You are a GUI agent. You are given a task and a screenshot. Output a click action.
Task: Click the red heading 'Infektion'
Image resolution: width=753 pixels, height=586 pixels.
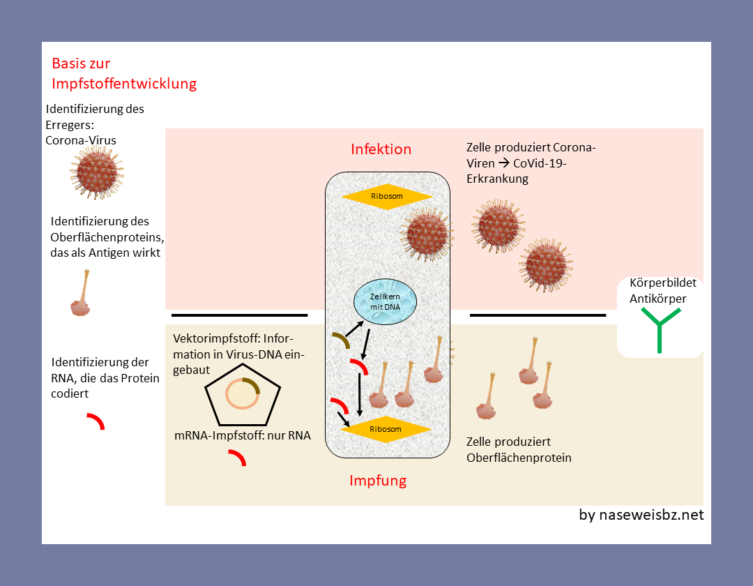pos(381,149)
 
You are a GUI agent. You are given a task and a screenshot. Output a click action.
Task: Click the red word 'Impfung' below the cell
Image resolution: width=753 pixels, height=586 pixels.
pos(377,481)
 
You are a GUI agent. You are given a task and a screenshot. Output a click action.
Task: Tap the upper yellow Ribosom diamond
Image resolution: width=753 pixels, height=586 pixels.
pos(386,196)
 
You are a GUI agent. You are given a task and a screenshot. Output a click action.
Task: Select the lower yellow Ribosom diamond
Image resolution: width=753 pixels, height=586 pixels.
pos(386,429)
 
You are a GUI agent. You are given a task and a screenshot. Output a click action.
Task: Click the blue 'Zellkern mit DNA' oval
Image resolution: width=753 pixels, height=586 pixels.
pos(385,302)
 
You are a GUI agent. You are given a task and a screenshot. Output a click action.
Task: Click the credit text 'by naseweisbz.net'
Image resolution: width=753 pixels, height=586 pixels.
pos(641,515)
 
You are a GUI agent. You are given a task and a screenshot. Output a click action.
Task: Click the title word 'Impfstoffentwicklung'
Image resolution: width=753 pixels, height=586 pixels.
pos(124,84)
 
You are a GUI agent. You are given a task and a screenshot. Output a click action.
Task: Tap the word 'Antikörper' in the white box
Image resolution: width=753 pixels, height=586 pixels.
pos(658,299)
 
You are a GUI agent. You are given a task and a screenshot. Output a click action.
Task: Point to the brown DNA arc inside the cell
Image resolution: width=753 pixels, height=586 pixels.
pos(340,340)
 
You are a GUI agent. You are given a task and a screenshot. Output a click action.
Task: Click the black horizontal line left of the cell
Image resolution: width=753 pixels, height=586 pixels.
pos(239,315)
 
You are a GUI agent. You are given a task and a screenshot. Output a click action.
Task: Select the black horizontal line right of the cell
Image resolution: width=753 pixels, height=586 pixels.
pos(538,315)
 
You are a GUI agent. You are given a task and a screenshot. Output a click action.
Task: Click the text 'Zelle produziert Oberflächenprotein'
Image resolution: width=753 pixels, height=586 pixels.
pos(518,449)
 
